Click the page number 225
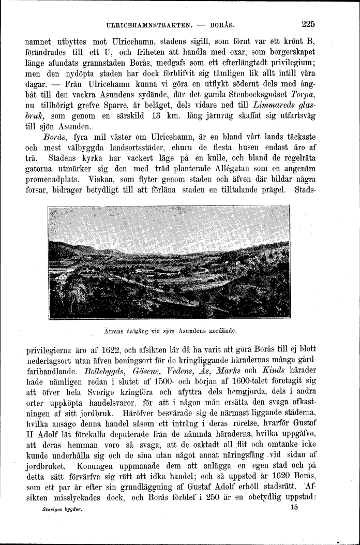tap(307, 24)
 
